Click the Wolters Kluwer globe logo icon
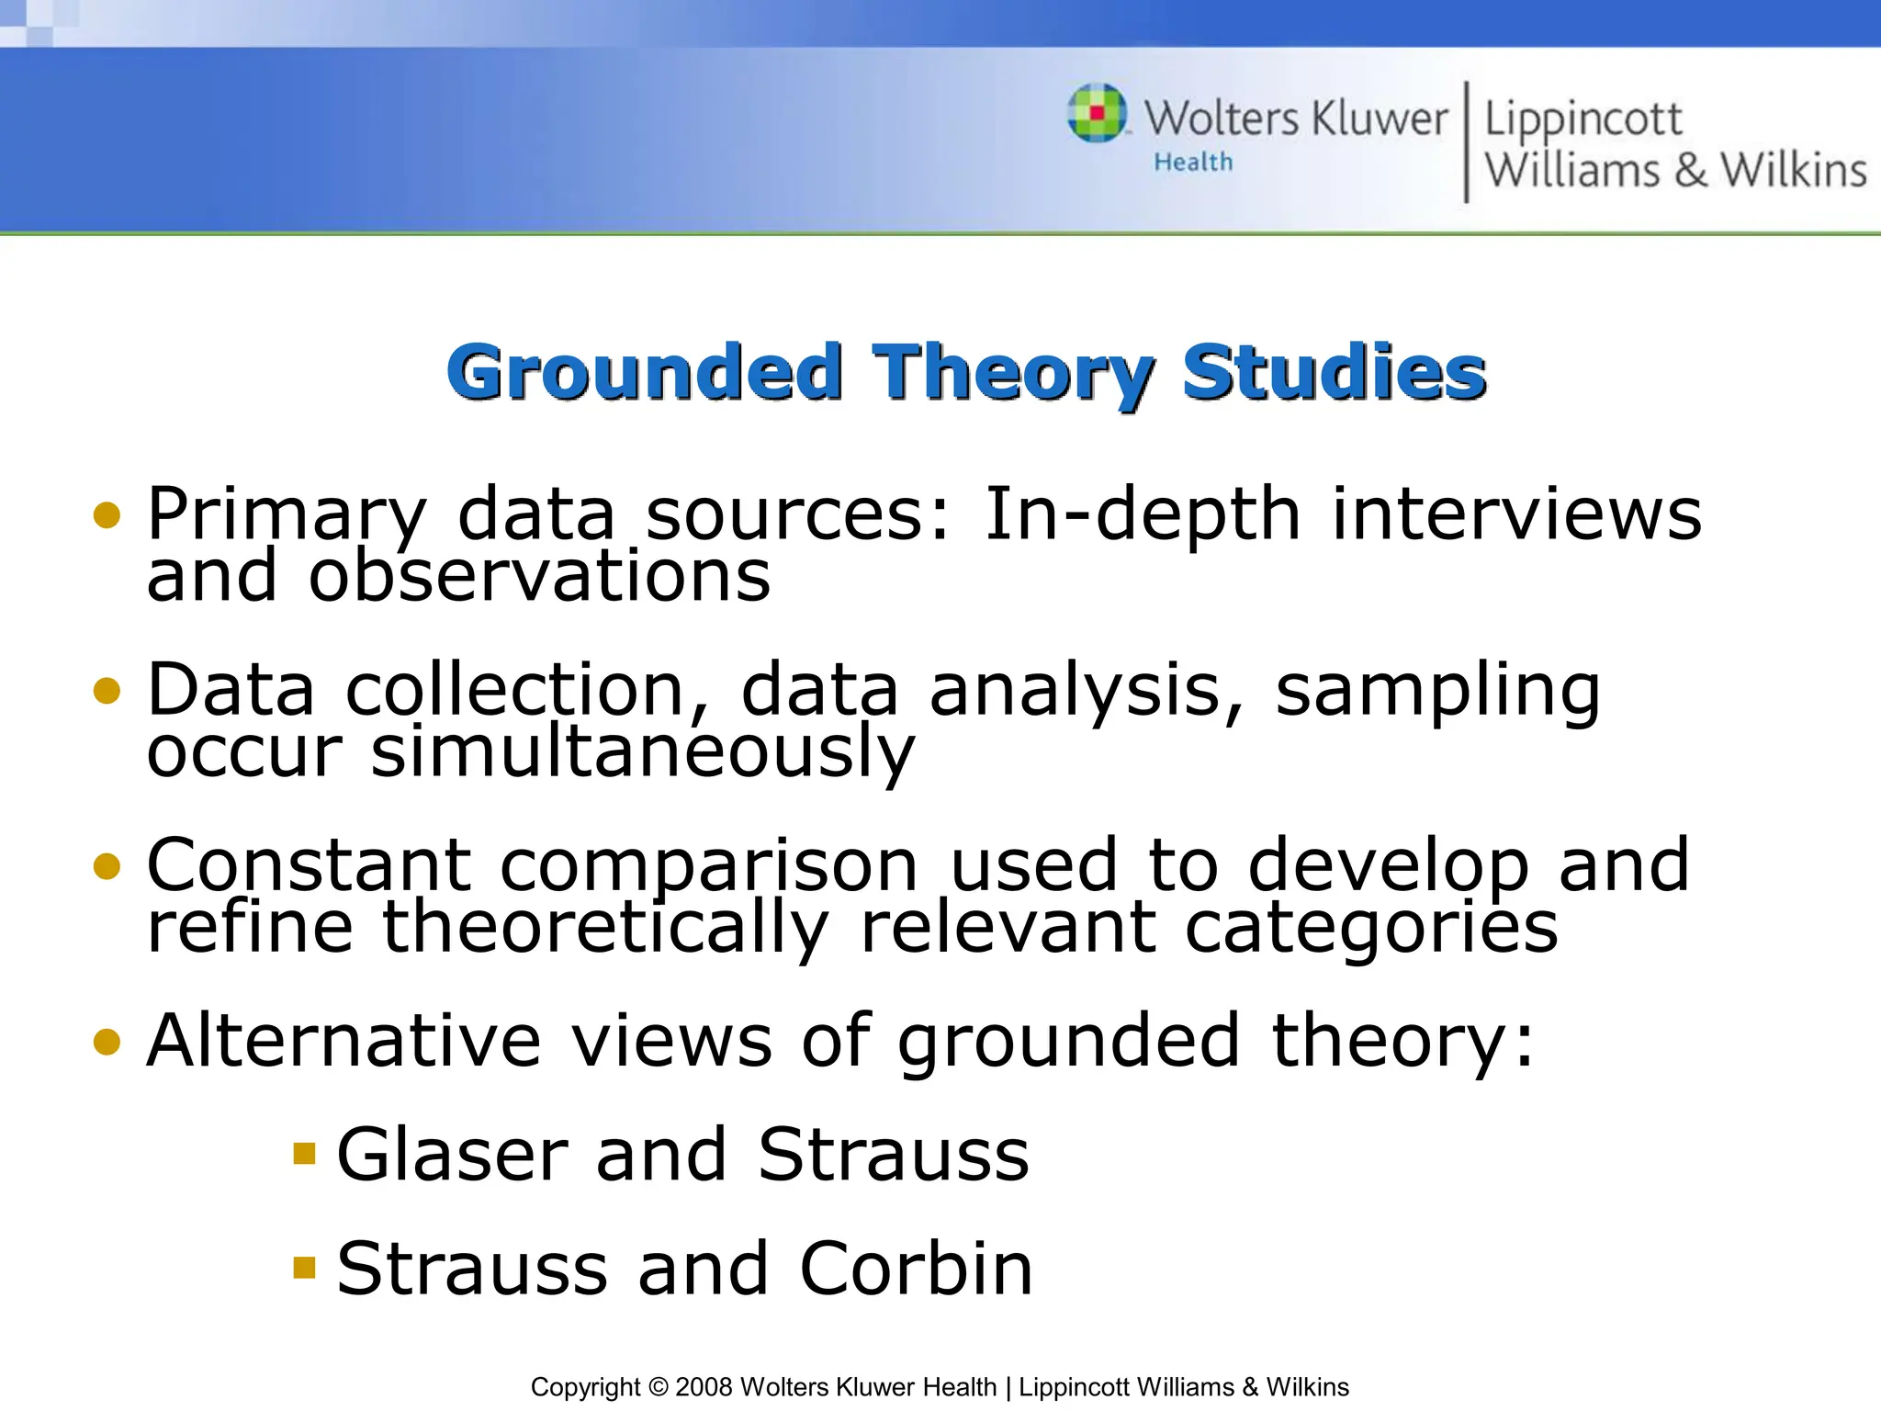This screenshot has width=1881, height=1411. click(1097, 113)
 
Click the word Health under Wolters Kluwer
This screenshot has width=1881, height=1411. click(1193, 163)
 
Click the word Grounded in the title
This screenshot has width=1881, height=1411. click(644, 372)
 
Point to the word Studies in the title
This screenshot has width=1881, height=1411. click(1334, 372)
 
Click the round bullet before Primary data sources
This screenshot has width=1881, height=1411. click(107, 515)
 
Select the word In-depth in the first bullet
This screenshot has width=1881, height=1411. click(1142, 514)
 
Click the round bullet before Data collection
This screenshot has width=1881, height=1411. click(107, 691)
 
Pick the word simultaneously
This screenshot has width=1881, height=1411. click(642, 752)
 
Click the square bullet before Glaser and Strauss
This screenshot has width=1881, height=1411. click(304, 1153)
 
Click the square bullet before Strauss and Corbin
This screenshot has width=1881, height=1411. click(304, 1269)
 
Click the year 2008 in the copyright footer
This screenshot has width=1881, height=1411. click(704, 1387)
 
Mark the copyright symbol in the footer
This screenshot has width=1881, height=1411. click(658, 1387)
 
